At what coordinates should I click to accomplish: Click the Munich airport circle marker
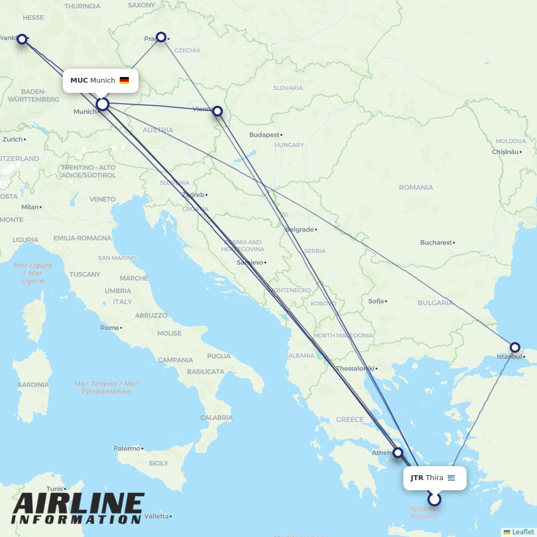[103, 104]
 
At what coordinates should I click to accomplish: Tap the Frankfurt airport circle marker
[22, 39]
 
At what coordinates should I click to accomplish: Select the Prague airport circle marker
[161, 37]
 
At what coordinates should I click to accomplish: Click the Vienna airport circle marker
[217, 111]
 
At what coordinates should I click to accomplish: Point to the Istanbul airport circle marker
[514, 347]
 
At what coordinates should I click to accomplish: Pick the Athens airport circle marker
[398, 453]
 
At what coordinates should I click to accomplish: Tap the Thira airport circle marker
[434, 499]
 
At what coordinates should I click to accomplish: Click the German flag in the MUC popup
[124, 81]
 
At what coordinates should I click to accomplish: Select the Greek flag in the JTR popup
[451, 478]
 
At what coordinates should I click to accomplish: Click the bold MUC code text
[79, 81]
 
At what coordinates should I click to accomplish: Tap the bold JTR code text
[417, 478]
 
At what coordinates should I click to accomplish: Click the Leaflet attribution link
[523, 532]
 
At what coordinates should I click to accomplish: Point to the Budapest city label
[264, 135]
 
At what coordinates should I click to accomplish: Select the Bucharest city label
[436, 243]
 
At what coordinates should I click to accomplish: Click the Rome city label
[110, 328]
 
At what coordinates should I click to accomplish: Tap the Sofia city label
[376, 301]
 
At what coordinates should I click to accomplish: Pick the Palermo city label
[126, 448]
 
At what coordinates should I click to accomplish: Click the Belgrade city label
[299, 229]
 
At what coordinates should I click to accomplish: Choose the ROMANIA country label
[416, 187]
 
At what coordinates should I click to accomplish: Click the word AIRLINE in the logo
[78, 504]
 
